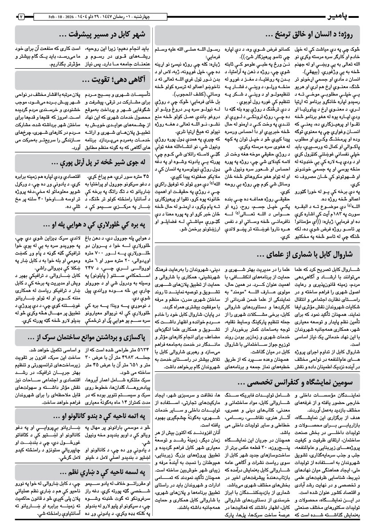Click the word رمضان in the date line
(x=138, y=17)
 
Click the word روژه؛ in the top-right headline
(x=343, y=34)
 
